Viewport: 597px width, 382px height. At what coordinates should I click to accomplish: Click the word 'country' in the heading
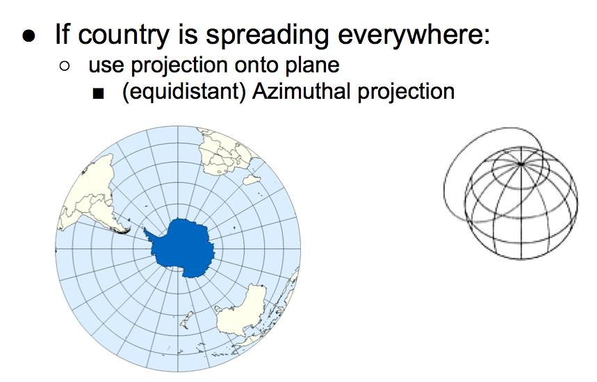pyautogui.click(x=123, y=35)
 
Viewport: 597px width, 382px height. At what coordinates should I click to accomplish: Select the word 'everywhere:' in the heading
pyautogui.click(x=414, y=35)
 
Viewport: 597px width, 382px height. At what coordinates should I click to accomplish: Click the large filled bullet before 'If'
pyautogui.click(x=29, y=36)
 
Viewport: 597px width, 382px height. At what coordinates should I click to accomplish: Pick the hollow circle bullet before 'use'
pyautogui.click(x=65, y=66)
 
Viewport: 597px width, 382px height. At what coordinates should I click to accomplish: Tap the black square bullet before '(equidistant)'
pyautogui.click(x=98, y=93)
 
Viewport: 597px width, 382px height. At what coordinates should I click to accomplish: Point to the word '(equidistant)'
pyautogui.click(x=184, y=93)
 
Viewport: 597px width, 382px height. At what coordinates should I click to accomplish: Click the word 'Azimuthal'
pyautogui.click(x=302, y=91)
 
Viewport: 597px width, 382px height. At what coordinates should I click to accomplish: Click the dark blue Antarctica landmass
pyautogui.click(x=183, y=248)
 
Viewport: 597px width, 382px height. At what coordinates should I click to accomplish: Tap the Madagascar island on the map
pyautogui.click(x=252, y=180)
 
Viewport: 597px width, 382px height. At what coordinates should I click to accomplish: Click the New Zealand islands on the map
pyautogui.click(x=186, y=320)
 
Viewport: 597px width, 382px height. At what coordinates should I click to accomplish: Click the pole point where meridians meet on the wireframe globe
pyautogui.click(x=521, y=164)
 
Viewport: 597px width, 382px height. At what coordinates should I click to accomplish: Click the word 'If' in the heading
pyautogui.click(x=63, y=34)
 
